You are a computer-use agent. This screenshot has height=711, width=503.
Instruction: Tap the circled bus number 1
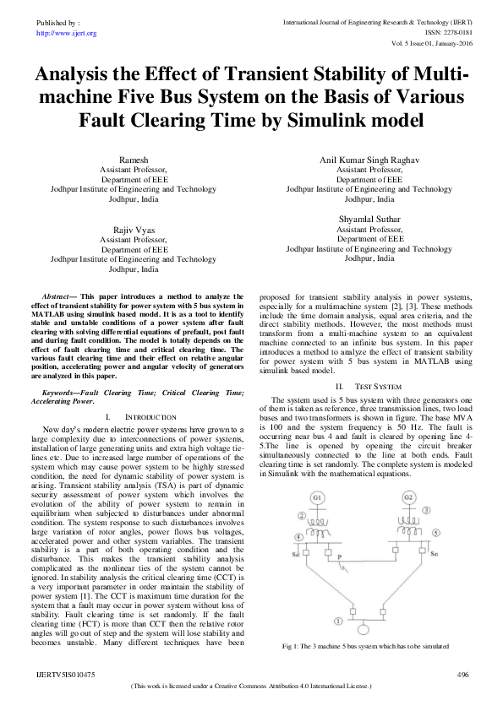click(x=338, y=621)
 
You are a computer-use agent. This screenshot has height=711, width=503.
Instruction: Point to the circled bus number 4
click(x=298, y=537)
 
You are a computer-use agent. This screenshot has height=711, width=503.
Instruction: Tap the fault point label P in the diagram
click(x=338, y=558)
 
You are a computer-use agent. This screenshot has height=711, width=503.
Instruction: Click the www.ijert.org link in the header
click(x=67, y=33)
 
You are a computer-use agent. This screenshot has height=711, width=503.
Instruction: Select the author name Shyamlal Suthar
click(x=369, y=219)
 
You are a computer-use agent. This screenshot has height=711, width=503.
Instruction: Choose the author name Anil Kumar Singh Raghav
click(x=369, y=160)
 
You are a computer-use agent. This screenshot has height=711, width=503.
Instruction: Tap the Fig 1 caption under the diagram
click(x=370, y=647)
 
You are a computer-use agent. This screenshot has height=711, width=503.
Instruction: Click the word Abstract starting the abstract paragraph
click(x=59, y=297)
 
